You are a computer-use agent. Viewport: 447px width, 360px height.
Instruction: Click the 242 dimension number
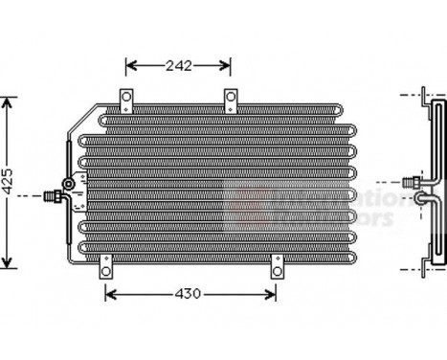[x=178, y=66]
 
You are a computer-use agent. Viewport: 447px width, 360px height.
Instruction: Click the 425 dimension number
[x=10, y=182]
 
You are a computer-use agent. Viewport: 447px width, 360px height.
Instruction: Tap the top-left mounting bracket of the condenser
[x=125, y=100]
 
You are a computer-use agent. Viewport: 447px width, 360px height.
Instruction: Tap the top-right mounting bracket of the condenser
[x=230, y=100]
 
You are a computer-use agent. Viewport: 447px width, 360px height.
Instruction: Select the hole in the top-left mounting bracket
[x=125, y=96]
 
